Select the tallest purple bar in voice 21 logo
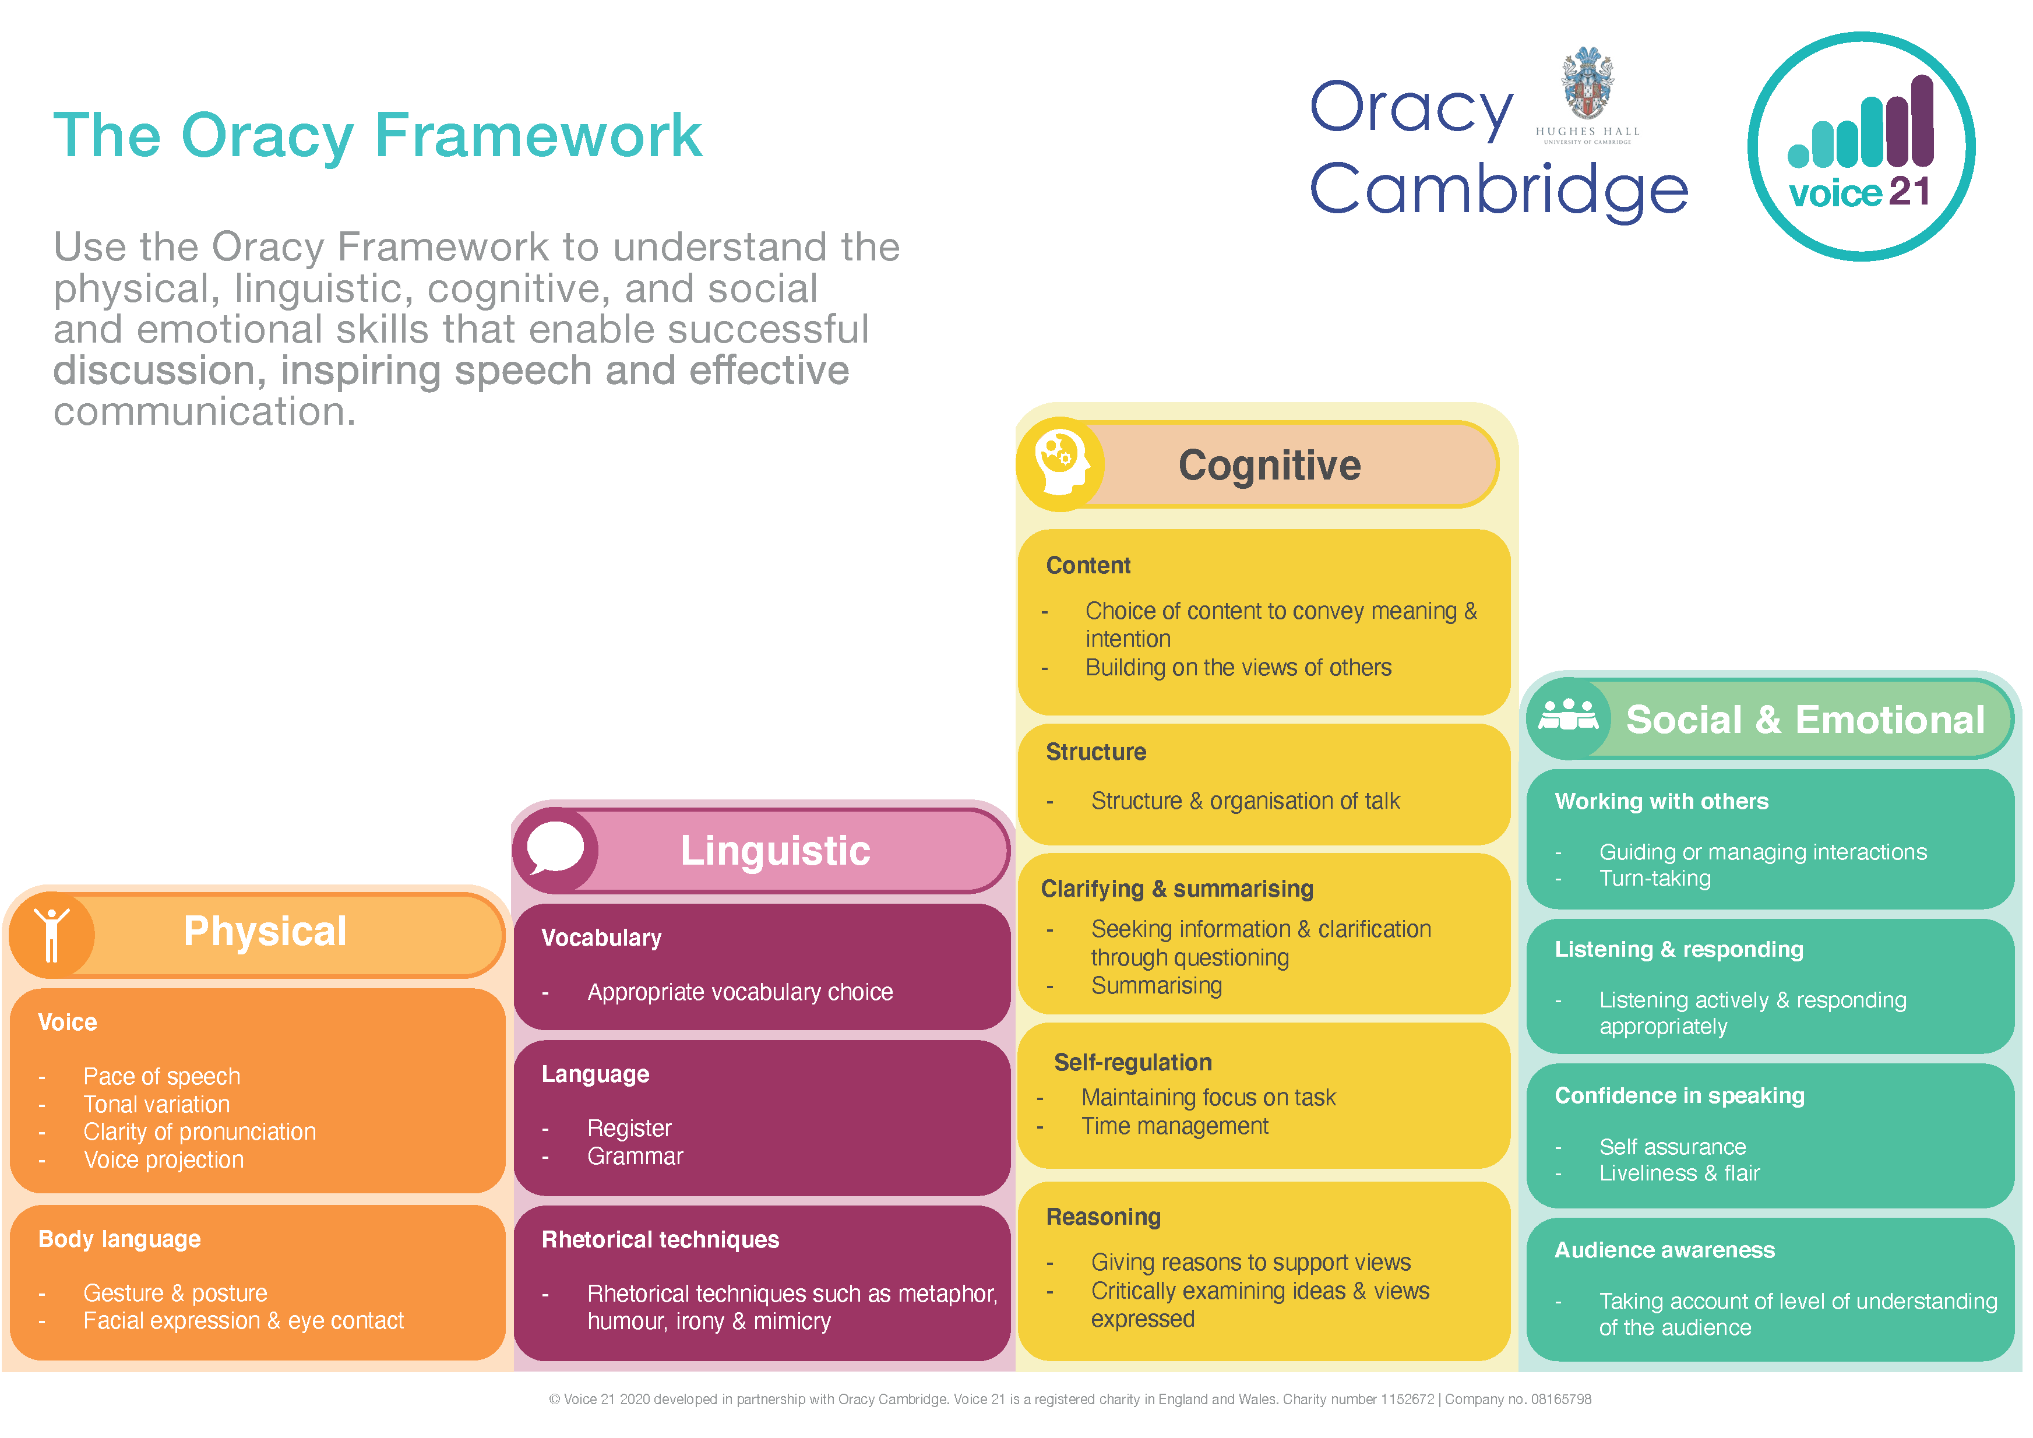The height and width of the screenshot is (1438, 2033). (x=1922, y=121)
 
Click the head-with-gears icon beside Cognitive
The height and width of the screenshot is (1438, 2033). (x=1060, y=464)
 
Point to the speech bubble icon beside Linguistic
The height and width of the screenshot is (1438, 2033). (x=555, y=848)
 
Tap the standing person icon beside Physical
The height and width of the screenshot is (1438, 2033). (x=51, y=933)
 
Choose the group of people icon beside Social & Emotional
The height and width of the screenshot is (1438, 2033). (x=1568, y=716)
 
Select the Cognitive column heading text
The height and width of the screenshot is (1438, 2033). (x=1269, y=466)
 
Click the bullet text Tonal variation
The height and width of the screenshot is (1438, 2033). (x=157, y=1104)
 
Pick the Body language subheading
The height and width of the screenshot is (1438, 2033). (x=119, y=1239)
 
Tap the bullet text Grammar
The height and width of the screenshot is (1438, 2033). (x=635, y=1157)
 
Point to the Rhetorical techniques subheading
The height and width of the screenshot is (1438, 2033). (x=660, y=1240)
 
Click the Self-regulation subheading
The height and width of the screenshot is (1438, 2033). (x=1133, y=1063)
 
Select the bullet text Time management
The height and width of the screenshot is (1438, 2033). (x=1174, y=1126)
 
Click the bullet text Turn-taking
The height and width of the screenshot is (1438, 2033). (x=1654, y=879)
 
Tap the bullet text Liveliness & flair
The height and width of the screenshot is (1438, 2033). (x=1679, y=1173)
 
